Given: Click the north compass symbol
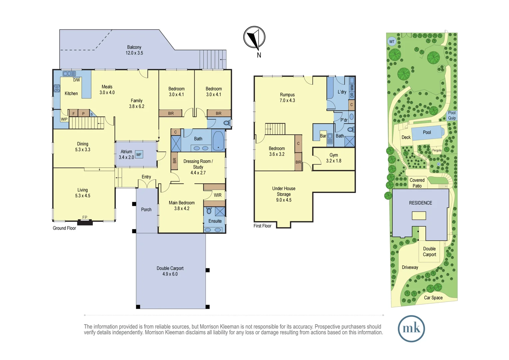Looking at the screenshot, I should tap(254, 37).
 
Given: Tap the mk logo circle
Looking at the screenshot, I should tap(411, 329).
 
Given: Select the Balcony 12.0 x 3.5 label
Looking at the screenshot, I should tap(134, 50).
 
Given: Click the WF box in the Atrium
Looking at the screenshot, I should tap(139, 155).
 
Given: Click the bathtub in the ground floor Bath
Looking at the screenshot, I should tap(218, 140).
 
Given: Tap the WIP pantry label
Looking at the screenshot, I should tap(64, 119).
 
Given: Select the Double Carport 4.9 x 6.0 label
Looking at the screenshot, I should tap(170, 271).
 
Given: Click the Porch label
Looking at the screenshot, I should tap(146, 210).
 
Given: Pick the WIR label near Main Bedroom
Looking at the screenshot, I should tap(218, 195).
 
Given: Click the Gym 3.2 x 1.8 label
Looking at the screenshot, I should tap(333, 158).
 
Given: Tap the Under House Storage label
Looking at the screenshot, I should tap(283, 194).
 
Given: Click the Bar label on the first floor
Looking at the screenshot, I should tap(323, 136).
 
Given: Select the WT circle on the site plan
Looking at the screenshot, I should tap(392, 42).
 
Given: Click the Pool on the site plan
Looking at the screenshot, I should tap(427, 133).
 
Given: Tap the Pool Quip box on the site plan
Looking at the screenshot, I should tap(452, 115).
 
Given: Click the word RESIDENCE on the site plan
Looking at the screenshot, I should tap(420, 203).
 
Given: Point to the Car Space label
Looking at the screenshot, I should tap(433, 298).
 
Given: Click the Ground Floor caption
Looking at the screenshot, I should tap(64, 228).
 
